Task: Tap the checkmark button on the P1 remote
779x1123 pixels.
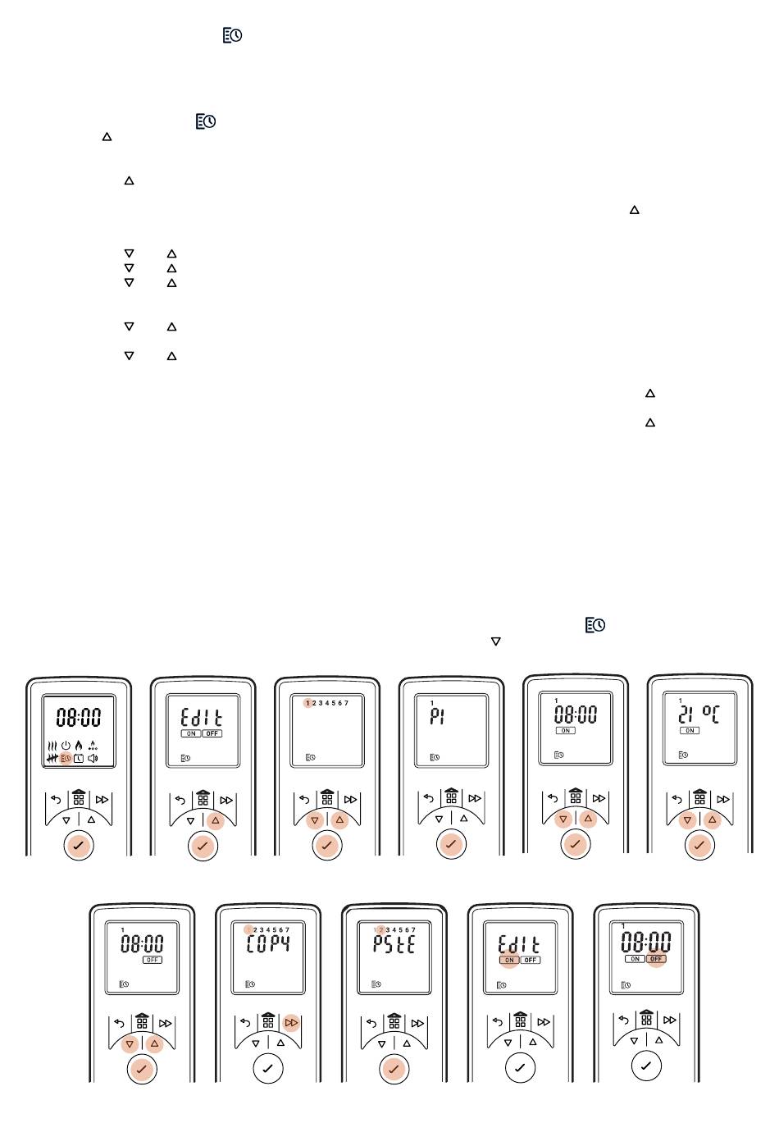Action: tap(451, 844)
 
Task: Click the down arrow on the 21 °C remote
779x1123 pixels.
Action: tap(687, 819)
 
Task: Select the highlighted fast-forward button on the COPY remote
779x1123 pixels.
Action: tap(291, 1023)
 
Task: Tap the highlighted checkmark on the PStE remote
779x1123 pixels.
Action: tap(394, 1068)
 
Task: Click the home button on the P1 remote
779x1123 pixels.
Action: tap(451, 797)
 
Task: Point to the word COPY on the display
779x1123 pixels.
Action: tap(269, 943)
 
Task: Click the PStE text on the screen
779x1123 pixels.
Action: tap(394, 943)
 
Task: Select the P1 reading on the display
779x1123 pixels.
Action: tap(437, 716)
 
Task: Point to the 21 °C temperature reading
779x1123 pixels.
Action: tap(699, 714)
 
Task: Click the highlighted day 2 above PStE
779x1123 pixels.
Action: tap(380, 930)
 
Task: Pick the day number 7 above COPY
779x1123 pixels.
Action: tap(288, 930)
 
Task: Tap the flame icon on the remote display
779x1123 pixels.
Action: tap(79, 746)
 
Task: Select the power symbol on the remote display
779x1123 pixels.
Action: tap(66, 746)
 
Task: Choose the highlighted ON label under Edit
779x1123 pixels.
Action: tap(509, 960)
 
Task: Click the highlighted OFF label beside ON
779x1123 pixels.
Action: tap(656, 958)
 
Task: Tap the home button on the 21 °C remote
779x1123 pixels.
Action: tap(699, 797)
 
